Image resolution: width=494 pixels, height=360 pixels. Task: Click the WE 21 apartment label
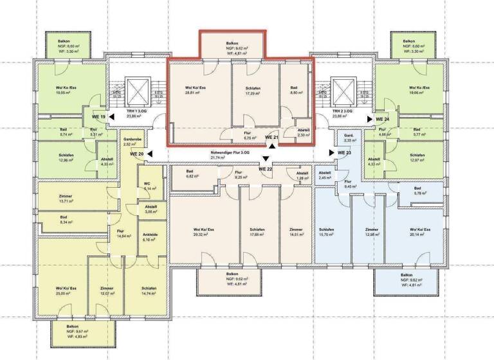click(x=271, y=138)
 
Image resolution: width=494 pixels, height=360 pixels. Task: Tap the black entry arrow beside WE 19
click(x=112, y=117)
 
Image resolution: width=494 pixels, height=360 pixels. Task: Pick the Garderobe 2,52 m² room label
click(x=132, y=141)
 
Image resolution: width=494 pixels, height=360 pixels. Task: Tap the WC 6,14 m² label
click(x=147, y=187)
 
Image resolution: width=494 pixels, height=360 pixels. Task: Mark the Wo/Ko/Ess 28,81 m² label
click(x=195, y=90)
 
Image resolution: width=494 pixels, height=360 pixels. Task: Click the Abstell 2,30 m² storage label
click(x=303, y=132)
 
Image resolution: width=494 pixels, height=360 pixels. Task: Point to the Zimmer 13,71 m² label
click(x=65, y=199)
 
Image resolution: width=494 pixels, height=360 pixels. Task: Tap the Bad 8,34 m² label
click(x=64, y=219)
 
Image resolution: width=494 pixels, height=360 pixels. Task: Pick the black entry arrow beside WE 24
click(x=369, y=119)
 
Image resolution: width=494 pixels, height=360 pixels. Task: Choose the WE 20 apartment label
click(x=137, y=154)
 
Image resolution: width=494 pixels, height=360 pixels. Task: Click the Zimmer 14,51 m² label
click(x=296, y=232)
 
